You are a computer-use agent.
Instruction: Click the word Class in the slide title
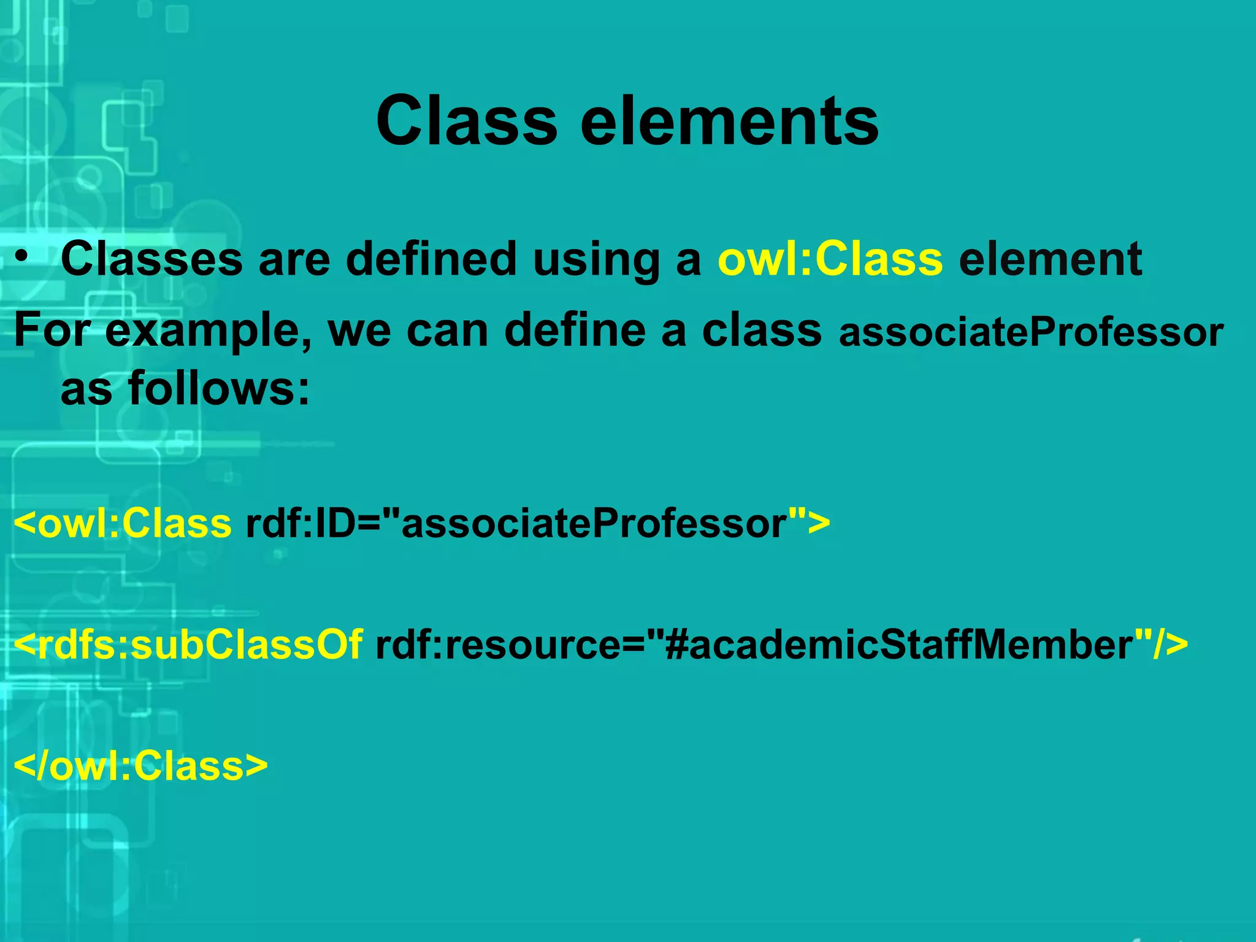click(466, 121)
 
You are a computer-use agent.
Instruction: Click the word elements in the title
click(729, 121)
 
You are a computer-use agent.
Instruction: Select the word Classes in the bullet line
click(151, 259)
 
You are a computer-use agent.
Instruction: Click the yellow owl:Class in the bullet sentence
click(830, 259)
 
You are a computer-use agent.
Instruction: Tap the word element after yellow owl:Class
click(1051, 259)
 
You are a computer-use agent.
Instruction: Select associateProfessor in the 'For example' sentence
click(1031, 332)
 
